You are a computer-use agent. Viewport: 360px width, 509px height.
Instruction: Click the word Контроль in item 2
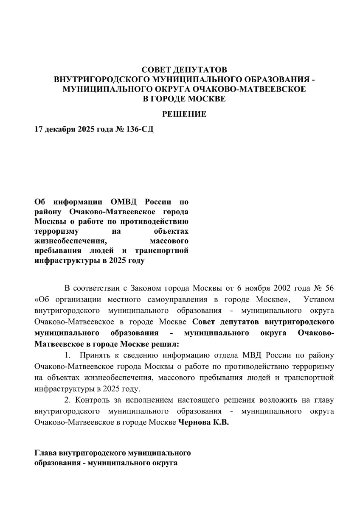tap(91, 400)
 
